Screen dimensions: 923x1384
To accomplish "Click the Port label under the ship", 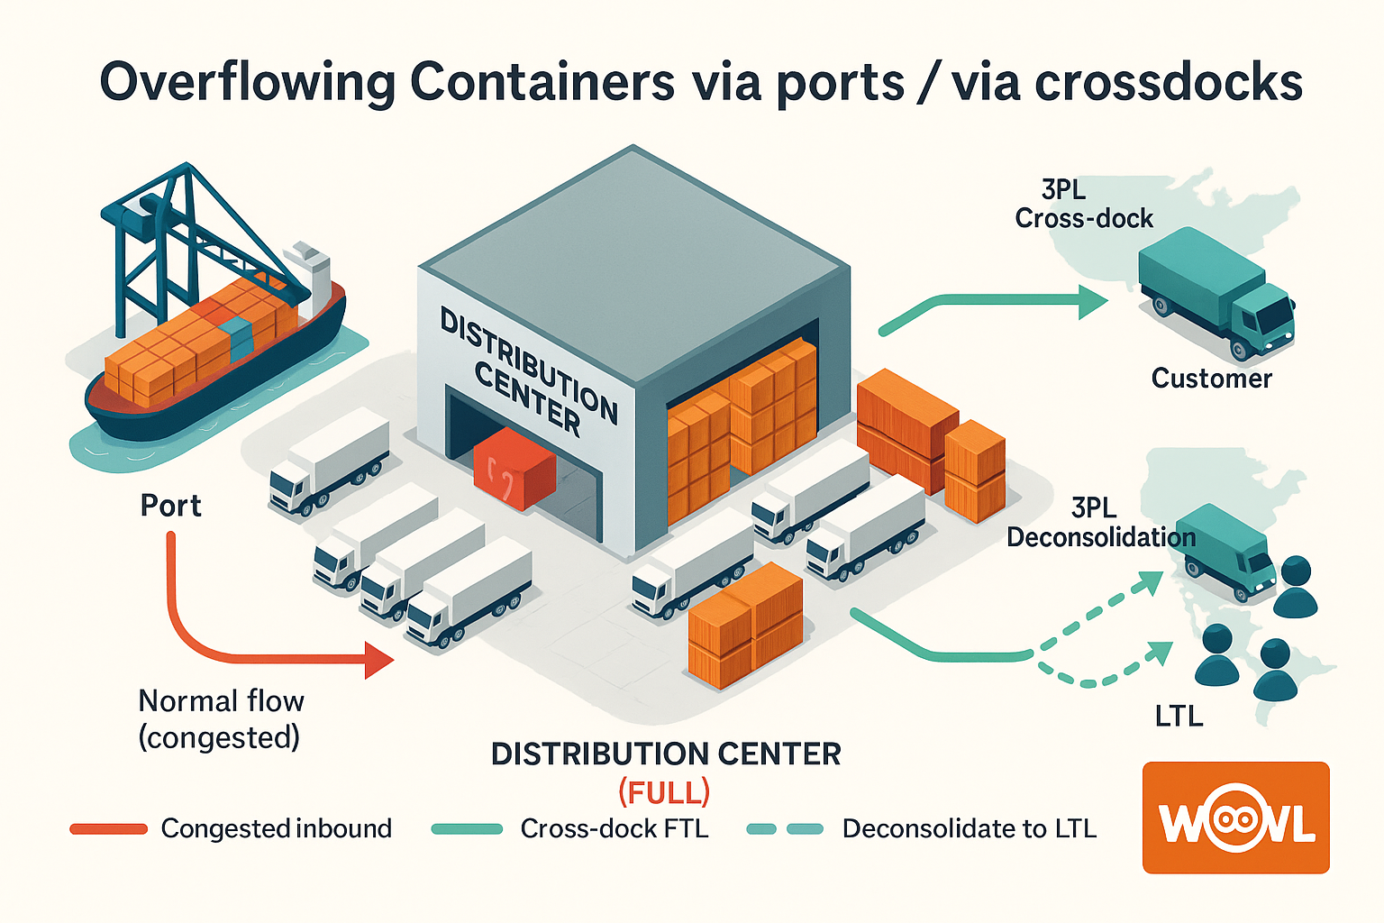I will click(x=170, y=506).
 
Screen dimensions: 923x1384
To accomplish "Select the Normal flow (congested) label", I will click(x=220, y=718).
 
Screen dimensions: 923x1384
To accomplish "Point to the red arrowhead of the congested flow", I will click(x=379, y=660).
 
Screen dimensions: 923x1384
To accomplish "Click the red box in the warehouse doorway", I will click(x=514, y=468).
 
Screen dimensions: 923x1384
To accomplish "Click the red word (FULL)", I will click(x=664, y=793).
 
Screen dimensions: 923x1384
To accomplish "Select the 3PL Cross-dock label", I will click(x=1083, y=205).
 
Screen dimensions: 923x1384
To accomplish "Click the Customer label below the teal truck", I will click(x=1211, y=379).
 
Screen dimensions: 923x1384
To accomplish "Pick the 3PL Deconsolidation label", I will click(x=1100, y=523).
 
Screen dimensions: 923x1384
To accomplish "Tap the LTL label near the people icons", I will click(x=1179, y=717).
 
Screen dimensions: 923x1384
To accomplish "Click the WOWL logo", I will click(x=1235, y=818).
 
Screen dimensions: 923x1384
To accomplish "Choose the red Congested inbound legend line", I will click(x=109, y=829).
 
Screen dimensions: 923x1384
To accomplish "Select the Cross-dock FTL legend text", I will click(x=615, y=829).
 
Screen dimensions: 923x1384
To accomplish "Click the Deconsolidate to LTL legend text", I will click(x=969, y=829).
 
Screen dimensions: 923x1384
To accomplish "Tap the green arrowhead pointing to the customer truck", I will click(x=1093, y=303).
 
